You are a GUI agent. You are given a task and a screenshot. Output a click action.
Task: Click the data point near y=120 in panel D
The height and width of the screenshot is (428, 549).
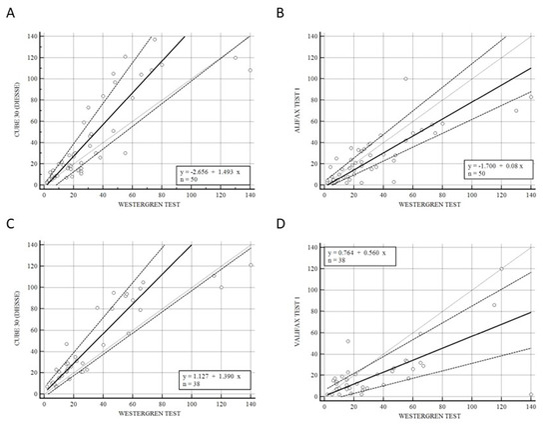[501, 269]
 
